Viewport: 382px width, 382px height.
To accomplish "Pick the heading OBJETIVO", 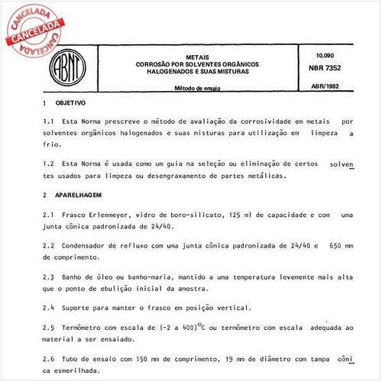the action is pyautogui.click(x=69, y=102).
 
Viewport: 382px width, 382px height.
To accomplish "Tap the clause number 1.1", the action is pyautogui.click(x=48, y=121).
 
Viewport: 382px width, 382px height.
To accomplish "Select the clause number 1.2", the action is pyautogui.click(x=48, y=164).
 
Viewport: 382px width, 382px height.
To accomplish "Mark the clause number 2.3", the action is pyautogui.click(x=48, y=276).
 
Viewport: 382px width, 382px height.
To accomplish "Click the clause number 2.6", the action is pyautogui.click(x=48, y=358).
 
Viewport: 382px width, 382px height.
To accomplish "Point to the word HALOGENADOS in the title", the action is pyautogui.click(x=161, y=71).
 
